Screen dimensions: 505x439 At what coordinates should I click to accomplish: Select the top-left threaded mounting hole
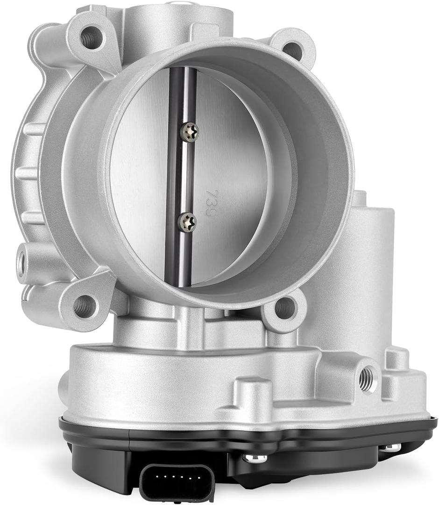(90, 37)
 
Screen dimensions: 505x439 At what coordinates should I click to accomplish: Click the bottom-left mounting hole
(85, 305)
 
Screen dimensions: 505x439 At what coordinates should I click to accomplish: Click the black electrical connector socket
(177, 482)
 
